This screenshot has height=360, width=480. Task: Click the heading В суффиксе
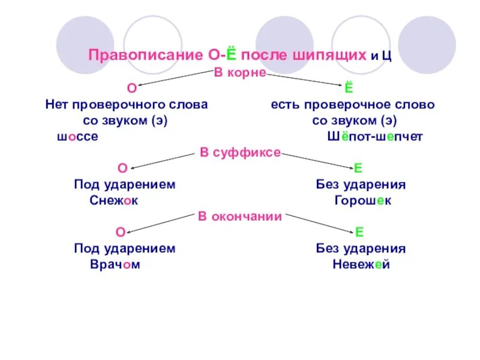point(240,153)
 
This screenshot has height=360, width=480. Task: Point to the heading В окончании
point(240,217)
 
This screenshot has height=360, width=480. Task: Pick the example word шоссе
point(77,137)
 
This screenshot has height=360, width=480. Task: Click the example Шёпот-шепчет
point(375,137)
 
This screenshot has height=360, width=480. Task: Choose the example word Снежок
point(113,201)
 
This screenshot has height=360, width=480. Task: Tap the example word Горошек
point(363,201)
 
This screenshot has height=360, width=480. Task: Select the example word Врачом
point(115,265)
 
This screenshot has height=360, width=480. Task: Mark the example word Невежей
point(361,265)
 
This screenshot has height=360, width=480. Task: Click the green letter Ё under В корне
point(349,89)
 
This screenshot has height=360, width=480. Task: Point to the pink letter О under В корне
point(131,89)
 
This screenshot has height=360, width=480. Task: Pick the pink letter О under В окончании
point(120,232)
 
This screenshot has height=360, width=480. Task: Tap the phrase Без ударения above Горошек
point(361,185)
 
